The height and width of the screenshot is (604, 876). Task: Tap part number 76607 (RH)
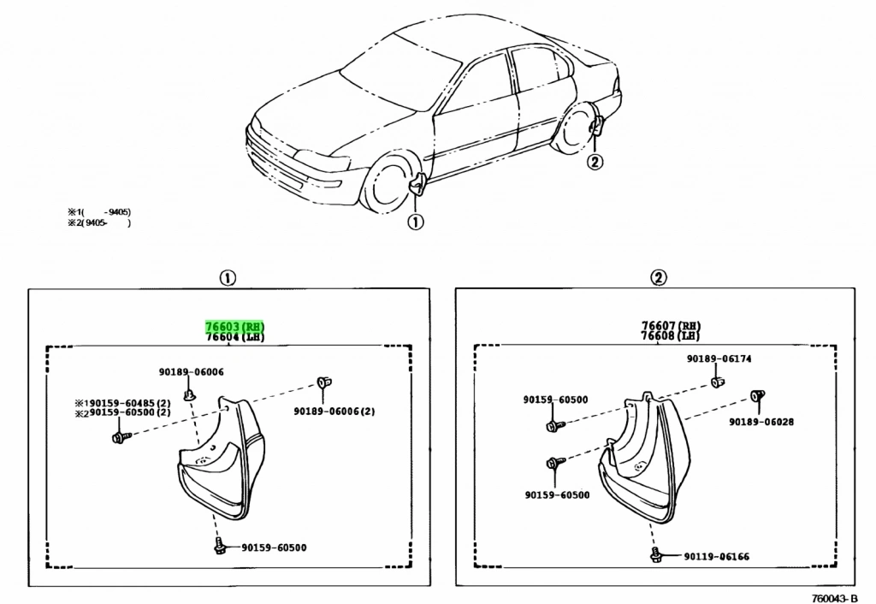coord(672,325)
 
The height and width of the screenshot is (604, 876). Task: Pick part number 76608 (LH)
coord(672,336)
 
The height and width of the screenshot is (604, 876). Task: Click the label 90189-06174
coord(719,359)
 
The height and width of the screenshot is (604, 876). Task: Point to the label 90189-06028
coord(761,422)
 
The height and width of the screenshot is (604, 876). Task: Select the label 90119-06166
coord(716,557)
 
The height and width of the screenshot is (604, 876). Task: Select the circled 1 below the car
coord(414,222)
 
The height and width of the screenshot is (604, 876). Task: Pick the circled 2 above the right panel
coord(658,277)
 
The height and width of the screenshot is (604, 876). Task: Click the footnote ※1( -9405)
coord(99,212)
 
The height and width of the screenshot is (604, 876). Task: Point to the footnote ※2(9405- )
coord(99,223)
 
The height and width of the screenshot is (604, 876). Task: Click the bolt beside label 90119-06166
coord(655,555)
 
